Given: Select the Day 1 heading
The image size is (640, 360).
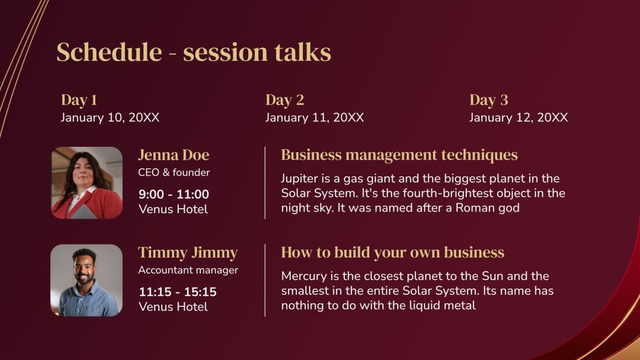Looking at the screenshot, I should click(79, 100).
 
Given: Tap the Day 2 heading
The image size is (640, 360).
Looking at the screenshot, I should click(285, 100).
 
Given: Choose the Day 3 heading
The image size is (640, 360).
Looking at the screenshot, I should click(488, 100).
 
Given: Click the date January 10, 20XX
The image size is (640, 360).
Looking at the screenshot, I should click(110, 118).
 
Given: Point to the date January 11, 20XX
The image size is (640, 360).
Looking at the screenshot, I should click(314, 118).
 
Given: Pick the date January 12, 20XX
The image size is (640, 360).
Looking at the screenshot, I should click(519, 118).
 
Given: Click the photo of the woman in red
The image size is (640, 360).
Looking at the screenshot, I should click(87, 183).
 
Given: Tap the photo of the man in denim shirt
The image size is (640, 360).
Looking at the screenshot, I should click(87, 280).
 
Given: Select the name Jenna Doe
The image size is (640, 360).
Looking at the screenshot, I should click(174, 155).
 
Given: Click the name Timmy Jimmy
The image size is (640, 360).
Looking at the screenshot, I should click(188, 252).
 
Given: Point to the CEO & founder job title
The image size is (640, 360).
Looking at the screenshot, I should click(174, 173).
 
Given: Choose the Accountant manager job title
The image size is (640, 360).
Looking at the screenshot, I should click(188, 270).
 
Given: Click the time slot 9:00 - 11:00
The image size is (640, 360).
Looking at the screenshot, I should click(174, 194).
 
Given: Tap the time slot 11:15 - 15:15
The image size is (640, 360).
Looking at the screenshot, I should click(177, 292).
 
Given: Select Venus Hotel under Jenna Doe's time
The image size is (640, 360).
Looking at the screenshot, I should click(173, 209).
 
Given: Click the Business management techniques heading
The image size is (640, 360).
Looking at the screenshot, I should click(399, 155).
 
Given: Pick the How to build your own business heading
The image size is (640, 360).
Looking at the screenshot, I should click(392, 252).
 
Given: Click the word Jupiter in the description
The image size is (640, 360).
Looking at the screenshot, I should click(299, 179).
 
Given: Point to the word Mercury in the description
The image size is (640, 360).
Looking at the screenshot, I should click(302, 276).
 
